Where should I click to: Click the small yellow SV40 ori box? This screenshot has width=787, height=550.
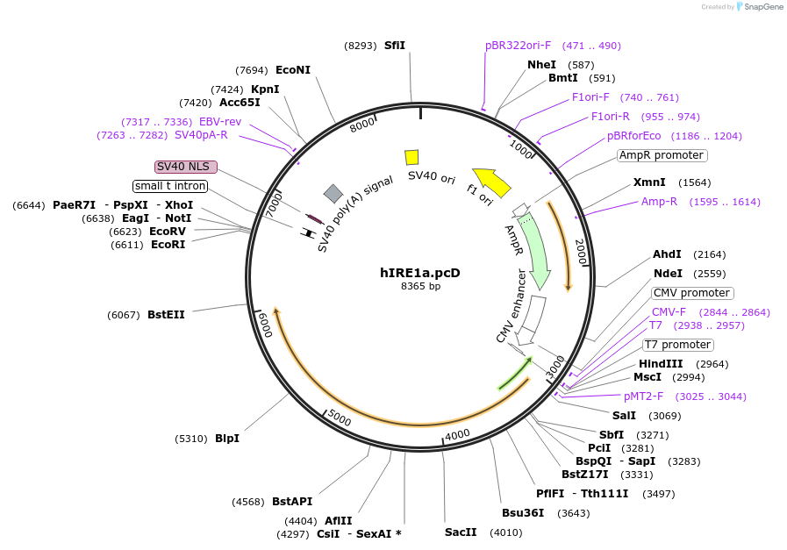point(411,157)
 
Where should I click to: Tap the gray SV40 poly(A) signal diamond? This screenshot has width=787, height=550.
point(333,193)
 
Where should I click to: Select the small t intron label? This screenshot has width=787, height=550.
point(170,186)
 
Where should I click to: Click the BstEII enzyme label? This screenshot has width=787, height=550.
point(166,314)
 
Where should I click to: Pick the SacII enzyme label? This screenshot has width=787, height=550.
point(461,532)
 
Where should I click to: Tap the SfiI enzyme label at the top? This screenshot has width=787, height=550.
point(395,45)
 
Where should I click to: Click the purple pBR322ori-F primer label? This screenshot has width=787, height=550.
point(519,45)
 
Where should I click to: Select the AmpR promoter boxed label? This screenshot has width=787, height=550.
point(662,155)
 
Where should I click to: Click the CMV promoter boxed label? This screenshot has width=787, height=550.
point(691,293)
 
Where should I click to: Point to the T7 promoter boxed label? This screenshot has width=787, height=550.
point(678,345)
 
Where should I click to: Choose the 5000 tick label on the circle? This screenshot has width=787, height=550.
point(339,419)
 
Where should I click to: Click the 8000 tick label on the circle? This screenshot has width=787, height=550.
point(362,125)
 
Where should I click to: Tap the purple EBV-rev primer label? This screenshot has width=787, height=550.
point(220,122)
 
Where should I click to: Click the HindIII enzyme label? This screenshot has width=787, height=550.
point(664,364)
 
